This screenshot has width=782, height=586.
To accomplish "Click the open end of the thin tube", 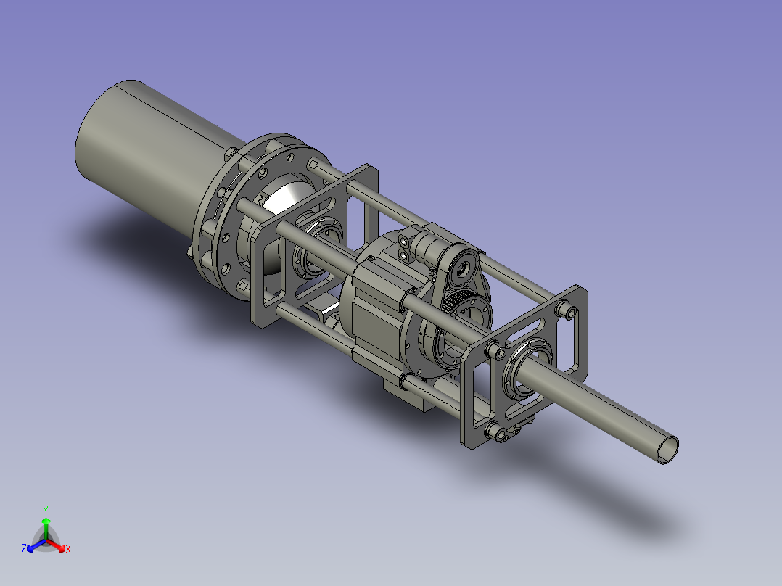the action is point(667,450).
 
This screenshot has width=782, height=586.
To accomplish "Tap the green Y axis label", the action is point(46,510).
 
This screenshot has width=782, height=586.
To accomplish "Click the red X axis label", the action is point(68,549).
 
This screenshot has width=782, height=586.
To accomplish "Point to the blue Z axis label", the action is point(24,549).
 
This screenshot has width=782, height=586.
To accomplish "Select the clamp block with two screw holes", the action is point(403,248).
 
